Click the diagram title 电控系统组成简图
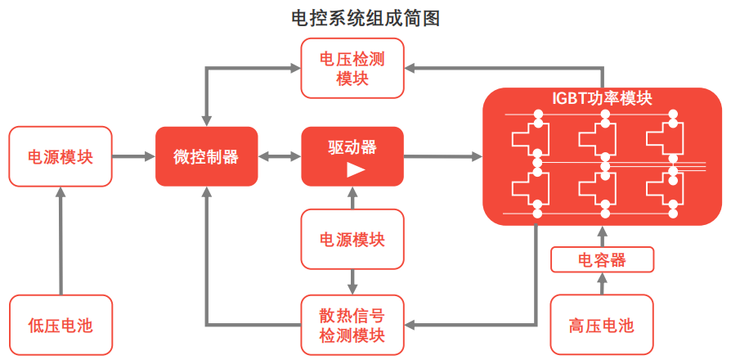[x=365, y=18]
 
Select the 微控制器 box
[x=206, y=156]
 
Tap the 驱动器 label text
[x=352, y=147]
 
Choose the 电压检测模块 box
[x=352, y=69]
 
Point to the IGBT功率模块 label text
[x=602, y=99]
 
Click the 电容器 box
[x=602, y=260]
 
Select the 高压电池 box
[x=602, y=325]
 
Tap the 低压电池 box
[x=61, y=325]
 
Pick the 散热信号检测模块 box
[x=352, y=325]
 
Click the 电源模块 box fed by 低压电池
[x=61, y=156]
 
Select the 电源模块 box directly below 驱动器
[x=352, y=240]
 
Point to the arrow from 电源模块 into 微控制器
[x=133, y=156]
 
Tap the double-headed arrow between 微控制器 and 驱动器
[x=279, y=156]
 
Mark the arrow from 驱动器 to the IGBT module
[x=442, y=156]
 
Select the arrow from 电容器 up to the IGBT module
[x=602, y=237]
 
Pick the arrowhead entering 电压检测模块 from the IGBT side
[x=411, y=64]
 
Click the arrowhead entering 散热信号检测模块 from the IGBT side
[x=411, y=325]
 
